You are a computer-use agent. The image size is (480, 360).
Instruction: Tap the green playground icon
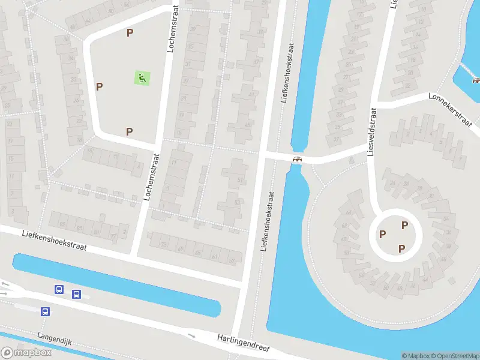(142, 77)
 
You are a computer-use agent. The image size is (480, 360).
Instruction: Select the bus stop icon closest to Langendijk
(45, 311)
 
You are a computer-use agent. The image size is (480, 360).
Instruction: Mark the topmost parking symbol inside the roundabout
(405, 225)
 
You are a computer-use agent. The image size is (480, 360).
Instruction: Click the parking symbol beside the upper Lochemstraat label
(130, 32)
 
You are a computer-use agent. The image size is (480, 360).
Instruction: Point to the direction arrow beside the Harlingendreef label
(192, 336)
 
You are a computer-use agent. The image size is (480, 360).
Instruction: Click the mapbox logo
(26, 353)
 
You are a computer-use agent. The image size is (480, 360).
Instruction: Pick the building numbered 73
(164, 245)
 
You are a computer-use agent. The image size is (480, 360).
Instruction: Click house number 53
(237, 202)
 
